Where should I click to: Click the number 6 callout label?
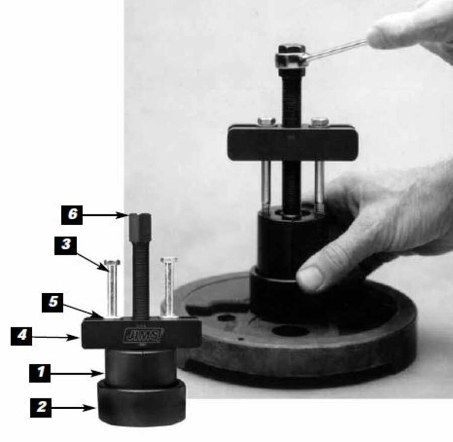(72, 215)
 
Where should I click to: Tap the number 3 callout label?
(65, 245)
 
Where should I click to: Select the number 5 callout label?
(52, 302)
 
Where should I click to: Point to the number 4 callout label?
(21, 336)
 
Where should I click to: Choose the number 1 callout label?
(40, 373)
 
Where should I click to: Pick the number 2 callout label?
(41, 408)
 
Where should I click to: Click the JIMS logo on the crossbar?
(143, 335)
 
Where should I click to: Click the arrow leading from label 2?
(73, 408)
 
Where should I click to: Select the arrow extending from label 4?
(55, 337)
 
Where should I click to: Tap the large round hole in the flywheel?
(290, 330)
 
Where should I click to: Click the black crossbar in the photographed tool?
(293, 142)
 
